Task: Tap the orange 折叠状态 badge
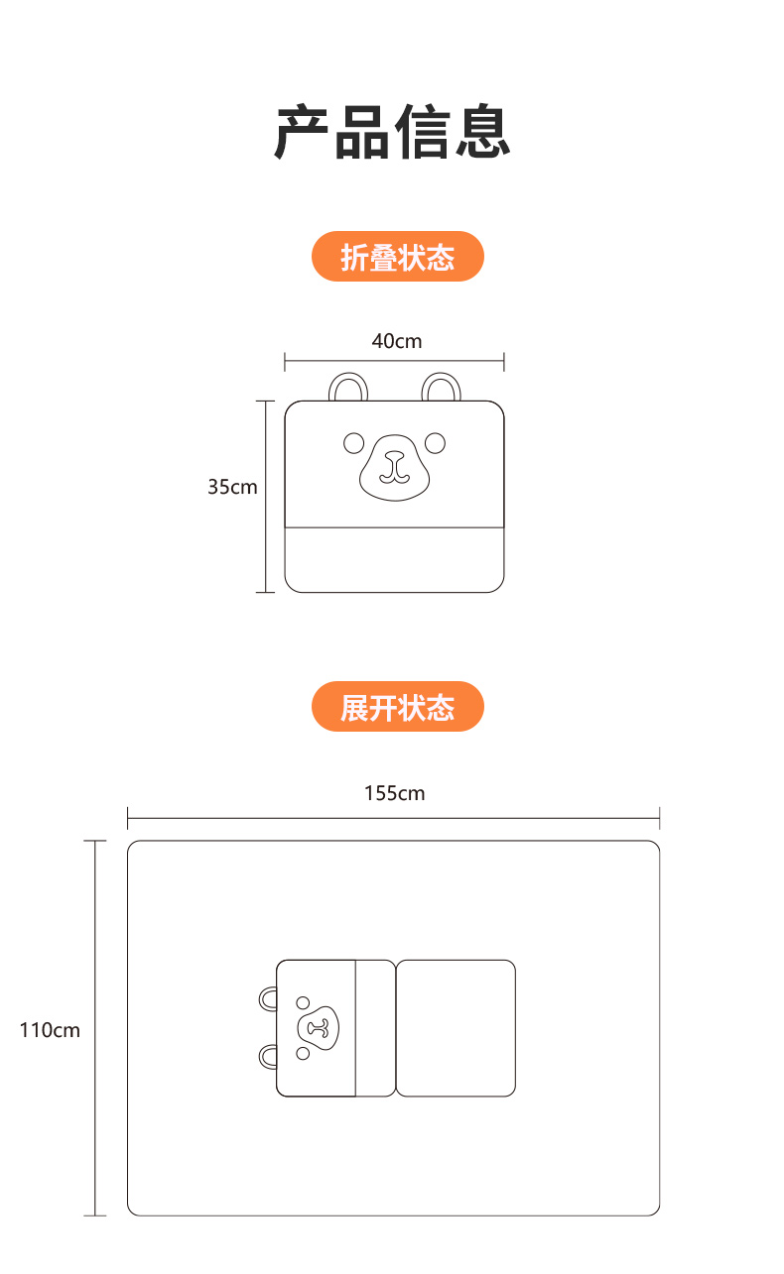click(397, 258)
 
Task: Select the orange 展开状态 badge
click(397, 707)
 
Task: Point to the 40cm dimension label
click(396, 341)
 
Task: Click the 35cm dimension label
click(232, 487)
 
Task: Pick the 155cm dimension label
click(394, 793)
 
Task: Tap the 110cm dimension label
click(50, 1030)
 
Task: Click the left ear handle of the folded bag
click(346, 385)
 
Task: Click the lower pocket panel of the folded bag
click(394, 559)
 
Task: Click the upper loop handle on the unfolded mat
click(268, 998)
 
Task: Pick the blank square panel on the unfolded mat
click(456, 1028)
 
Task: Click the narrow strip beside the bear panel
click(375, 1028)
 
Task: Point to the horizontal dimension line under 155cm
click(394, 818)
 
